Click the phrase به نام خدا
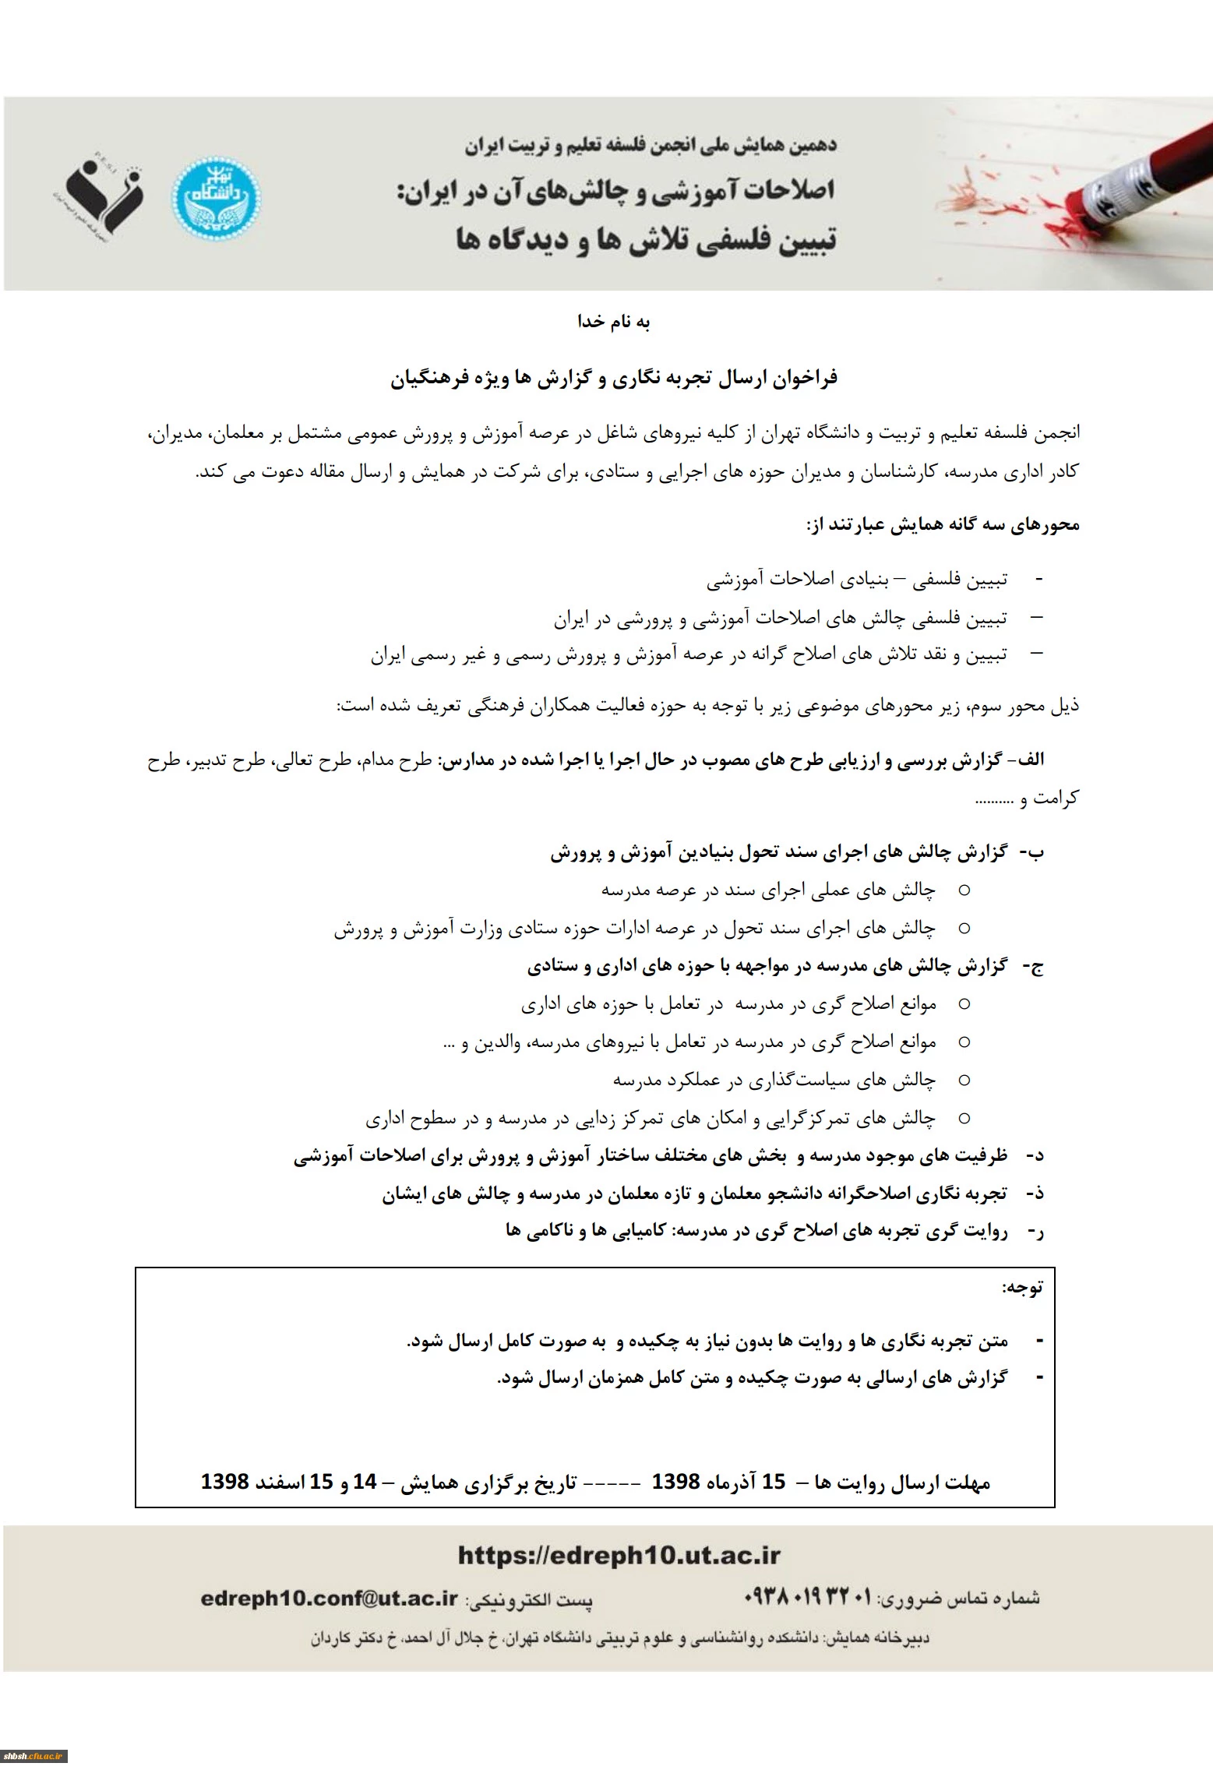click(x=613, y=322)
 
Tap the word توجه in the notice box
click(x=1022, y=1287)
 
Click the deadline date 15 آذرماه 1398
click(x=718, y=1481)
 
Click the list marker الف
click(x=1030, y=760)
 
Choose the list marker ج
click(x=1035, y=967)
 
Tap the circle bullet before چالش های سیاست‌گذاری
click(x=964, y=1080)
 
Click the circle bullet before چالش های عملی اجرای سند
click(x=964, y=890)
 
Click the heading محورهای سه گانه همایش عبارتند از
click(x=943, y=525)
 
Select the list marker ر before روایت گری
click(x=1035, y=1232)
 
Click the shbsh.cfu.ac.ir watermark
click(x=33, y=1757)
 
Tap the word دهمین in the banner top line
click(x=809, y=146)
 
